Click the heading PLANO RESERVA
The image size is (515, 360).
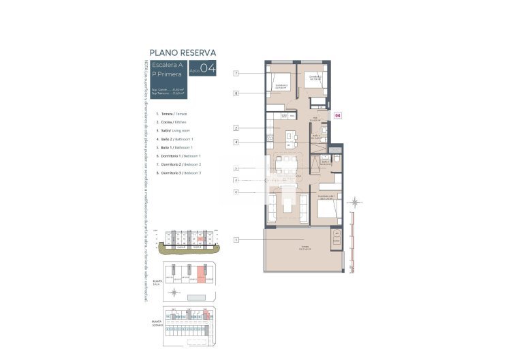click(x=183, y=52)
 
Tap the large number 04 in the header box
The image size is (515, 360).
click(x=208, y=67)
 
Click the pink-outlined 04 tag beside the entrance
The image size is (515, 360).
click(x=337, y=116)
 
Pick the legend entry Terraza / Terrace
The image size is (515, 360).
click(x=172, y=113)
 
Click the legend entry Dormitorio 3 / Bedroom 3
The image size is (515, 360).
click(x=178, y=173)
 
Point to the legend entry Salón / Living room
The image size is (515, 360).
click(x=174, y=130)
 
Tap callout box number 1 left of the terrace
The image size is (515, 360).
click(x=236, y=239)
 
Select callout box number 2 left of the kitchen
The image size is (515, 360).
click(x=236, y=127)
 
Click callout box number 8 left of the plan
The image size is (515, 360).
click(x=236, y=93)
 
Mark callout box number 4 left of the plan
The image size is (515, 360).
click(x=236, y=142)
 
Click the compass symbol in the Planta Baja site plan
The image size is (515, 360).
click(x=175, y=292)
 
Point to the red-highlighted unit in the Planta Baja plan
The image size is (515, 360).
click(x=201, y=274)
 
